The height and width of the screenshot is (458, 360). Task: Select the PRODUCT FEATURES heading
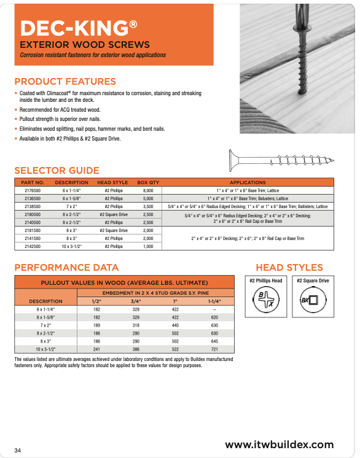(65, 81)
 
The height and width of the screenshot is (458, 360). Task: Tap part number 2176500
(33, 191)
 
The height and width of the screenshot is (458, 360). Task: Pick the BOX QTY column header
(148, 182)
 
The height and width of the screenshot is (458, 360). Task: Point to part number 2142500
(33, 246)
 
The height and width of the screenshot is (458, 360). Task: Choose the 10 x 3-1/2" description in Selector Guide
(71, 246)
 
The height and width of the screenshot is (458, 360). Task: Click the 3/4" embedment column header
(136, 301)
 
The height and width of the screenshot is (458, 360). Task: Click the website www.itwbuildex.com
(280, 444)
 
